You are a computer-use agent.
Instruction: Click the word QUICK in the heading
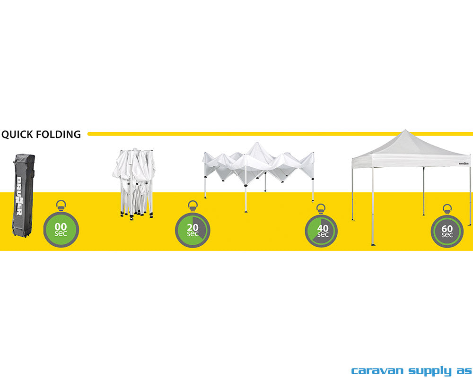coord(18,134)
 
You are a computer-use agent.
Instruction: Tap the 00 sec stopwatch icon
coord(61,229)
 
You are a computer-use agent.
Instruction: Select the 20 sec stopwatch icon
coord(193,230)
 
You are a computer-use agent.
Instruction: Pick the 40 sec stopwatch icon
coord(321,231)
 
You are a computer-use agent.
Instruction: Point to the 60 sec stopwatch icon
coord(447,231)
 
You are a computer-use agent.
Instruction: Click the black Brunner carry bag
coord(23,195)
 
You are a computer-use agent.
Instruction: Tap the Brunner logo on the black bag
coord(20,196)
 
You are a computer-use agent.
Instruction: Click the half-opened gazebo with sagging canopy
coord(258,168)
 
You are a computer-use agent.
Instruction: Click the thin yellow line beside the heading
coord(279,134)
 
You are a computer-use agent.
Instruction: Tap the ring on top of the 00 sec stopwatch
coord(61,206)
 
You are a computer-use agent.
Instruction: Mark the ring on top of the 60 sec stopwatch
coord(447,208)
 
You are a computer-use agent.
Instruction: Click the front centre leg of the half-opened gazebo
coord(245,189)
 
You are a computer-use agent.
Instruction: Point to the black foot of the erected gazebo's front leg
coord(373,244)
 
